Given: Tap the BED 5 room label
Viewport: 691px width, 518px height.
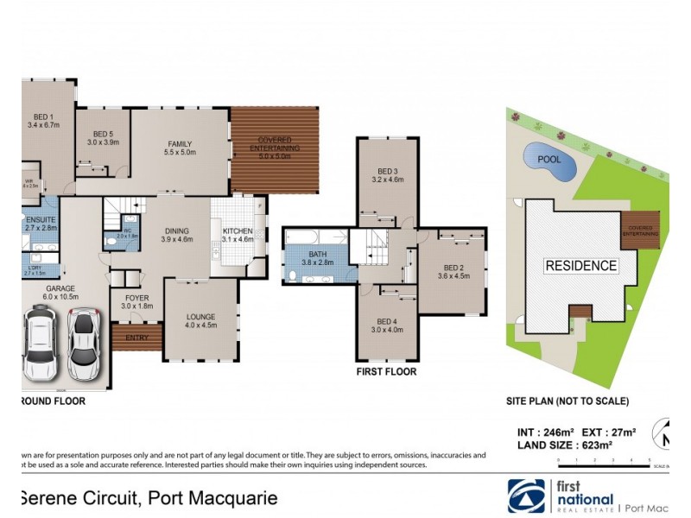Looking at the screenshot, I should click(105, 138).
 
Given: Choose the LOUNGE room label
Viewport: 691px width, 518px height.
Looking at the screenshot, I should click(200, 320).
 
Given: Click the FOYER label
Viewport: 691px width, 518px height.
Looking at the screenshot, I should click(136, 302).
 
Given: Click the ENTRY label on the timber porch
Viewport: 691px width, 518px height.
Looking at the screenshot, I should click(136, 338).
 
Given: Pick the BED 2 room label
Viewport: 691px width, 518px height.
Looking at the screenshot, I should click(453, 272).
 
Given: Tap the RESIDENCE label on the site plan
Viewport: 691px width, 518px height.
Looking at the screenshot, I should click(580, 266).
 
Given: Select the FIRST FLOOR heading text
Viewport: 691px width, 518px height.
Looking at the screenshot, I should click(386, 372).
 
